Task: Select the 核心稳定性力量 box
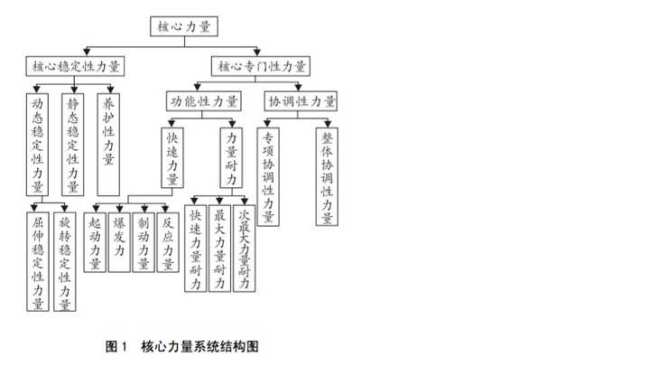(x=76, y=66)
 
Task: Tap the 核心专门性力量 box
(x=262, y=66)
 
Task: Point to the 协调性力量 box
(x=302, y=100)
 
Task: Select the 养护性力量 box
(x=108, y=144)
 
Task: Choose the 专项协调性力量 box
(x=268, y=176)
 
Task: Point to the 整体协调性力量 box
(x=328, y=176)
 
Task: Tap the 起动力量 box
(x=96, y=240)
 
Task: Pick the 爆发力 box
(x=119, y=240)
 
